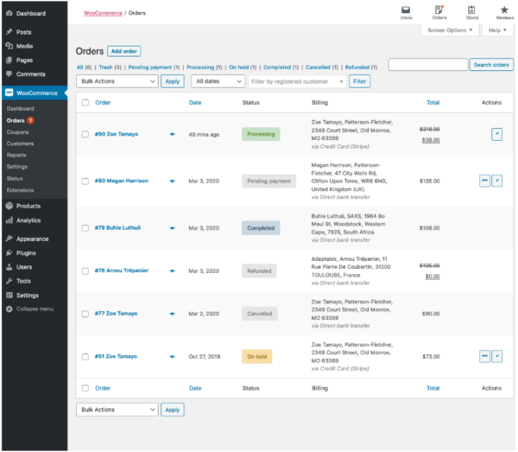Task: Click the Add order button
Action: [x=124, y=52]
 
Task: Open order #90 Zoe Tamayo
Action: [x=116, y=134]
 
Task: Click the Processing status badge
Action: [x=261, y=134]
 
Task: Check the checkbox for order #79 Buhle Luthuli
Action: [x=85, y=228]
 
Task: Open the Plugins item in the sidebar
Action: [x=26, y=253]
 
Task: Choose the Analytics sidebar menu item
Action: [x=28, y=220]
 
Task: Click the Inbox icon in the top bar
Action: [x=406, y=12]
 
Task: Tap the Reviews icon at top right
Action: [x=504, y=12]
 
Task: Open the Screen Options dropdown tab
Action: [x=449, y=30]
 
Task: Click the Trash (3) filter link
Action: [x=110, y=67]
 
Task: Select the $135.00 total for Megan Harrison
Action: [x=429, y=181]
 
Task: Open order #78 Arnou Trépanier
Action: [x=121, y=271]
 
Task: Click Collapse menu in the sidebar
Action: [x=34, y=309]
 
